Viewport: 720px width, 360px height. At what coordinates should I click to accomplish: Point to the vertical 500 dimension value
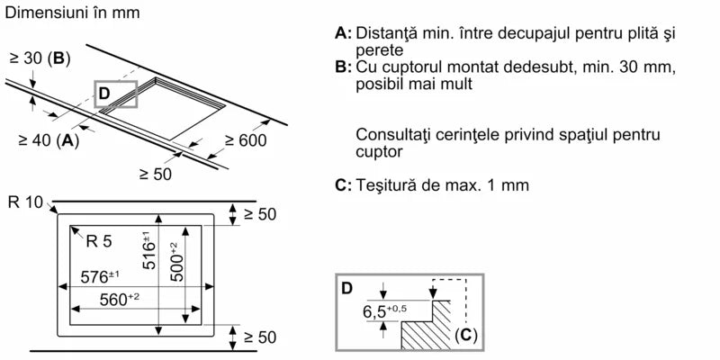(x=178, y=262)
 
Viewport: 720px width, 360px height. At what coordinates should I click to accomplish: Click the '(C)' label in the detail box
(x=464, y=337)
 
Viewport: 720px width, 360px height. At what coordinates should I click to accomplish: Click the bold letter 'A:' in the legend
(x=342, y=34)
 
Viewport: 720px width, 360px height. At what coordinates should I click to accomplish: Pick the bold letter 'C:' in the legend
(x=342, y=185)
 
